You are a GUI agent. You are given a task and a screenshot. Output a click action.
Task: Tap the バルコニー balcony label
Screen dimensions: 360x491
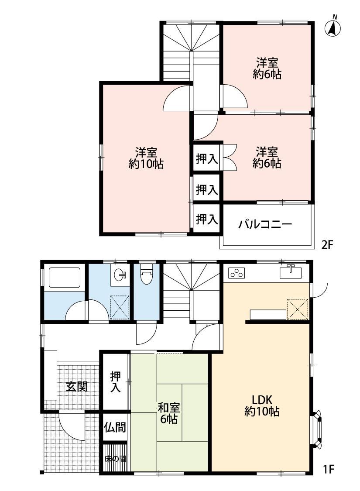(265, 224)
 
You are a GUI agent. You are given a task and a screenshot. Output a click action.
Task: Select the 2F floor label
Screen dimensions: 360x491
(327, 244)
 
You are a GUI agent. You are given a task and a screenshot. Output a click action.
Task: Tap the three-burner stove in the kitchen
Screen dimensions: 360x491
(237, 273)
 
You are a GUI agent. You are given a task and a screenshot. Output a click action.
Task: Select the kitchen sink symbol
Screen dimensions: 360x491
(290, 272)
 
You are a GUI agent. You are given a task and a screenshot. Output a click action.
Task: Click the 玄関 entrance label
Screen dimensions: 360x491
(77, 387)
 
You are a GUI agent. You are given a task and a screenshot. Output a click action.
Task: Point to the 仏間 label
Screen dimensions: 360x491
(115, 427)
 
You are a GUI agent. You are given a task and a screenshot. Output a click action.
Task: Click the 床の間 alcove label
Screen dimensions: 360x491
(116, 460)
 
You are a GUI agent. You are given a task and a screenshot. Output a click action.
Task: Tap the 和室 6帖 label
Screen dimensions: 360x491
(169, 413)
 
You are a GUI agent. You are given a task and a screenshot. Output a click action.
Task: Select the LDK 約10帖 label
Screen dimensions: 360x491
(262, 405)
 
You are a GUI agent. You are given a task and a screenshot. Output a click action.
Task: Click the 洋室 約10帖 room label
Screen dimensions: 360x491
(146, 158)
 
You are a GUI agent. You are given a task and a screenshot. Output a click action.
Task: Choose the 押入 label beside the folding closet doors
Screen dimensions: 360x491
(207, 159)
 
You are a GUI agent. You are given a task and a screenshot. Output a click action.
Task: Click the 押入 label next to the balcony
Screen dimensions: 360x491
(207, 219)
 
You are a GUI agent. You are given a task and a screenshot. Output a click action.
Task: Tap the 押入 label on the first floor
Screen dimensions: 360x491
(116, 382)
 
